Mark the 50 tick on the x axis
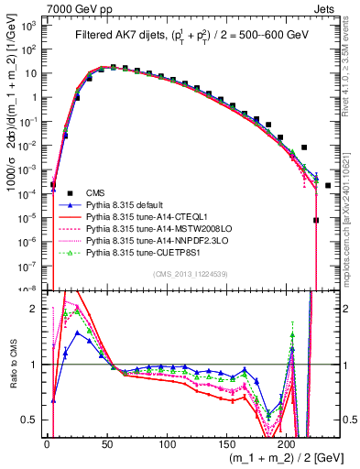(x=106, y=443)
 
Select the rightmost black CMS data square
(x=327, y=186)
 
